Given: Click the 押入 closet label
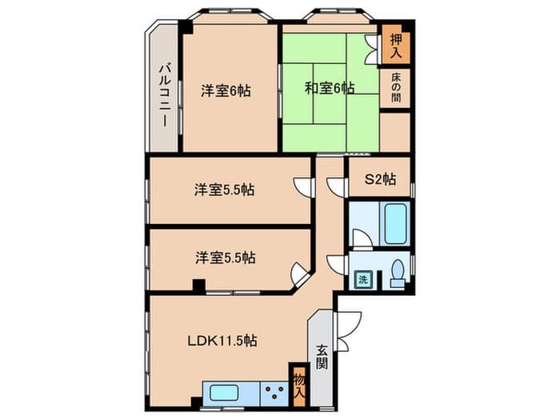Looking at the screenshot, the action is point(396,46).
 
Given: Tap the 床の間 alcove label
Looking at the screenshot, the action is point(396,87).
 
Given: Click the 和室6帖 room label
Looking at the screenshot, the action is point(330,88).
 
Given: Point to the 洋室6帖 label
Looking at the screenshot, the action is point(226,90).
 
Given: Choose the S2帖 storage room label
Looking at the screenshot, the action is point(380,179).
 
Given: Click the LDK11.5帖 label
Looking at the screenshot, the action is point(222,341).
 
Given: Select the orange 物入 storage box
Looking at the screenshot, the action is point(299,386).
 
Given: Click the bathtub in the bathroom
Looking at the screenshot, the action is point(395,224).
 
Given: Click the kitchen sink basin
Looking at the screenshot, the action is point(224,394).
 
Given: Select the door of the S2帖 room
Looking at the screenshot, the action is point(337,187).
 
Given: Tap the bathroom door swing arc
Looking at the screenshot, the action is point(362,238).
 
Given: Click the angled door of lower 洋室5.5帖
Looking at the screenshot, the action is point(300,274).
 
